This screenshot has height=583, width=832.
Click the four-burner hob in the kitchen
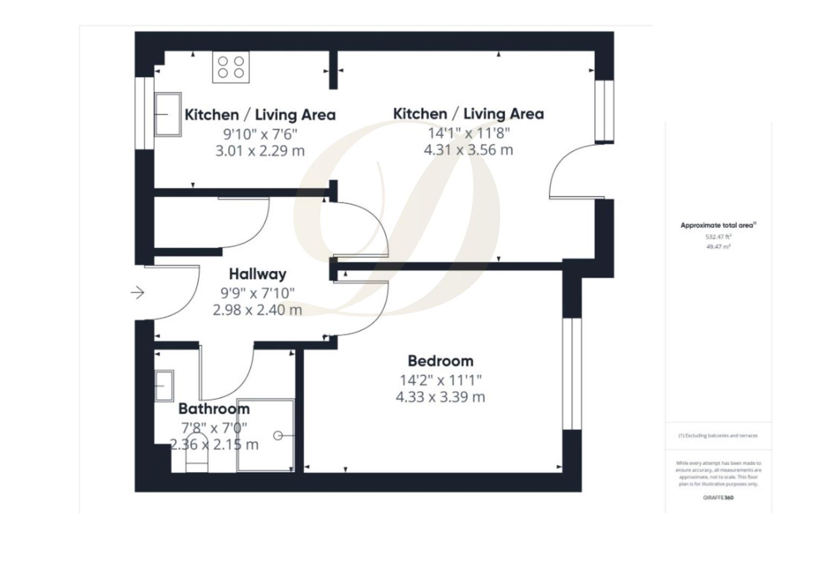pyautogui.click(x=231, y=67)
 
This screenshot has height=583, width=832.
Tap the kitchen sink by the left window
pyautogui.click(x=168, y=114)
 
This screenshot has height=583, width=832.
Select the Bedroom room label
pyautogui.click(x=441, y=361)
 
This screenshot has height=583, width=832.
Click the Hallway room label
pyautogui.click(x=257, y=274)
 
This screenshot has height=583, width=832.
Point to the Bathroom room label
pyautogui.click(x=214, y=409)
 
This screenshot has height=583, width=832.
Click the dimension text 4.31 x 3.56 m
pyautogui.click(x=468, y=150)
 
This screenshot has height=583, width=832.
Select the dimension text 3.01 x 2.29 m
pyautogui.click(x=260, y=151)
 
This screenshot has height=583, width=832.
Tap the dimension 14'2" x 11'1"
pyautogui.click(x=441, y=381)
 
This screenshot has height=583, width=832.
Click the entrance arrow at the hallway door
pyautogui.click(x=137, y=293)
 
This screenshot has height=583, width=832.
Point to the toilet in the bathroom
pyautogui.click(x=196, y=460)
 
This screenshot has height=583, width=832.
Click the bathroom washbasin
pyautogui.click(x=164, y=385)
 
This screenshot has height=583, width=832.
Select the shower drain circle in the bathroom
pyautogui.click(x=278, y=436)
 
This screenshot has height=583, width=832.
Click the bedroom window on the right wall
pyautogui.click(x=572, y=374)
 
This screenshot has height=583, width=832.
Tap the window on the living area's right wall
pyautogui.click(x=604, y=111)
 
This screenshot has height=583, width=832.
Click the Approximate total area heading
pyautogui.click(x=718, y=226)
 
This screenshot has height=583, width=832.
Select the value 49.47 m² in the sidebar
pyautogui.click(x=718, y=247)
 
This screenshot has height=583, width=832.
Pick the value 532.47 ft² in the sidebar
pyautogui.click(x=718, y=236)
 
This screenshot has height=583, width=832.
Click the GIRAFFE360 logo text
pyautogui.click(x=718, y=498)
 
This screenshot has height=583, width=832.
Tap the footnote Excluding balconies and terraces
pyautogui.click(x=718, y=436)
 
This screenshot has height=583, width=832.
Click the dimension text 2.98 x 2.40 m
pyautogui.click(x=257, y=310)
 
